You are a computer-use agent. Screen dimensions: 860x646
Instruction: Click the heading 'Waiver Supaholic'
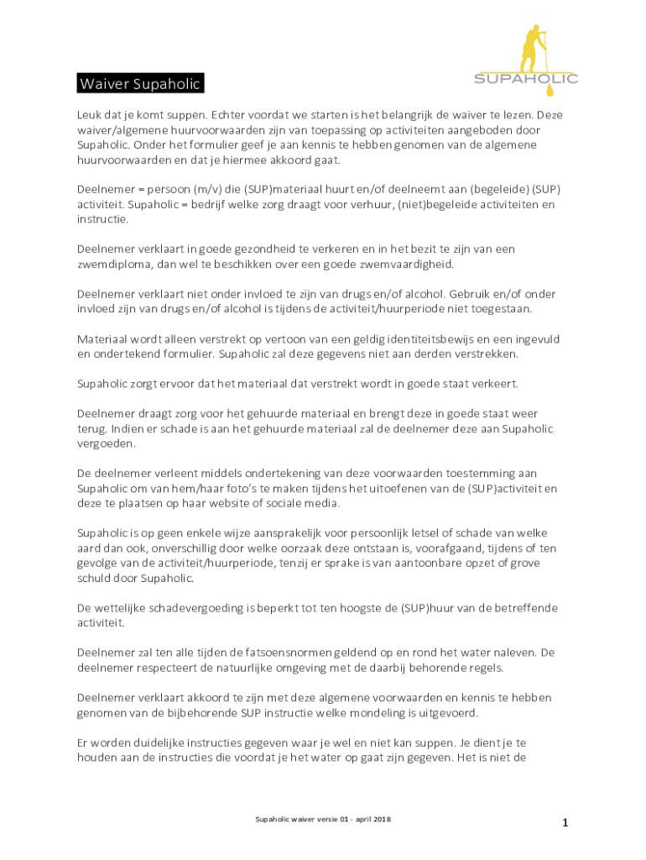(139, 85)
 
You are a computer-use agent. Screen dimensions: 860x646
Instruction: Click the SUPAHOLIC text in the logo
(526, 79)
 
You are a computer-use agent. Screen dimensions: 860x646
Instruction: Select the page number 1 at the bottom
(565, 823)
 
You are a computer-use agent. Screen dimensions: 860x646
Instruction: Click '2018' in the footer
(383, 819)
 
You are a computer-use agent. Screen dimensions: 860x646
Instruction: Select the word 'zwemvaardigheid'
(406, 264)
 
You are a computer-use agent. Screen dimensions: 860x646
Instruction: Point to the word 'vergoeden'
(107, 443)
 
